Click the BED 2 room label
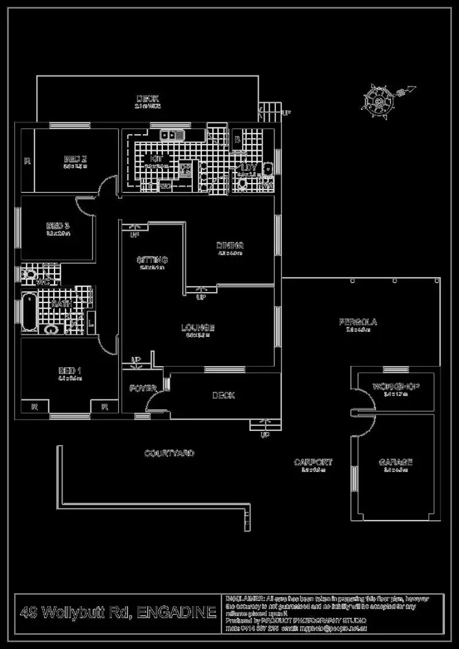click(x=75, y=160)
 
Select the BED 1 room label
click(x=70, y=371)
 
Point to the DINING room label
click(x=230, y=246)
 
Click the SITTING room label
click(x=152, y=260)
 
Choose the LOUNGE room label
click(x=198, y=328)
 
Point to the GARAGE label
click(x=395, y=462)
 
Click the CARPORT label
click(x=313, y=462)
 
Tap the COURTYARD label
click(x=169, y=453)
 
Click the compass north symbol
click(x=377, y=100)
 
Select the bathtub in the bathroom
click(x=28, y=312)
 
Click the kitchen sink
click(x=173, y=133)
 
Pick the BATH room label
click(x=62, y=304)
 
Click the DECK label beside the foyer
click(x=223, y=396)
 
